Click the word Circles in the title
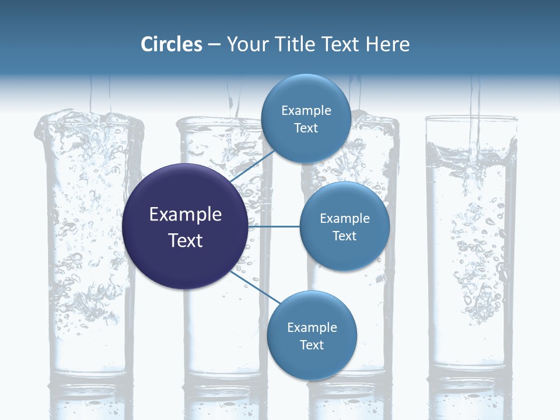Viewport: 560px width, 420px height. [171, 44]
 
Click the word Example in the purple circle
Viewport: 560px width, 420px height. [185, 215]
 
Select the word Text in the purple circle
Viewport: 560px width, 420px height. [185, 240]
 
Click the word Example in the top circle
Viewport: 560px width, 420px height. [306, 111]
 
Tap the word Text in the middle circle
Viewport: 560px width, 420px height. [344, 236]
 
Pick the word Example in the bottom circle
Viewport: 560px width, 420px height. [312, 328]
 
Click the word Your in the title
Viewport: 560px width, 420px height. [244, 44]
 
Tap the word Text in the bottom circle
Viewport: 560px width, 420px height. [311, 345]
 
